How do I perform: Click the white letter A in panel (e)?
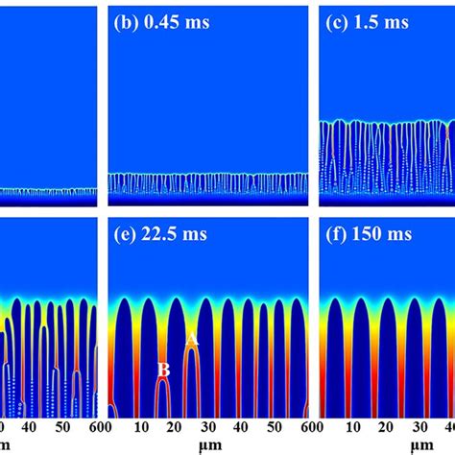pos(191,338)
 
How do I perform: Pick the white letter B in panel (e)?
pos(164,368)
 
